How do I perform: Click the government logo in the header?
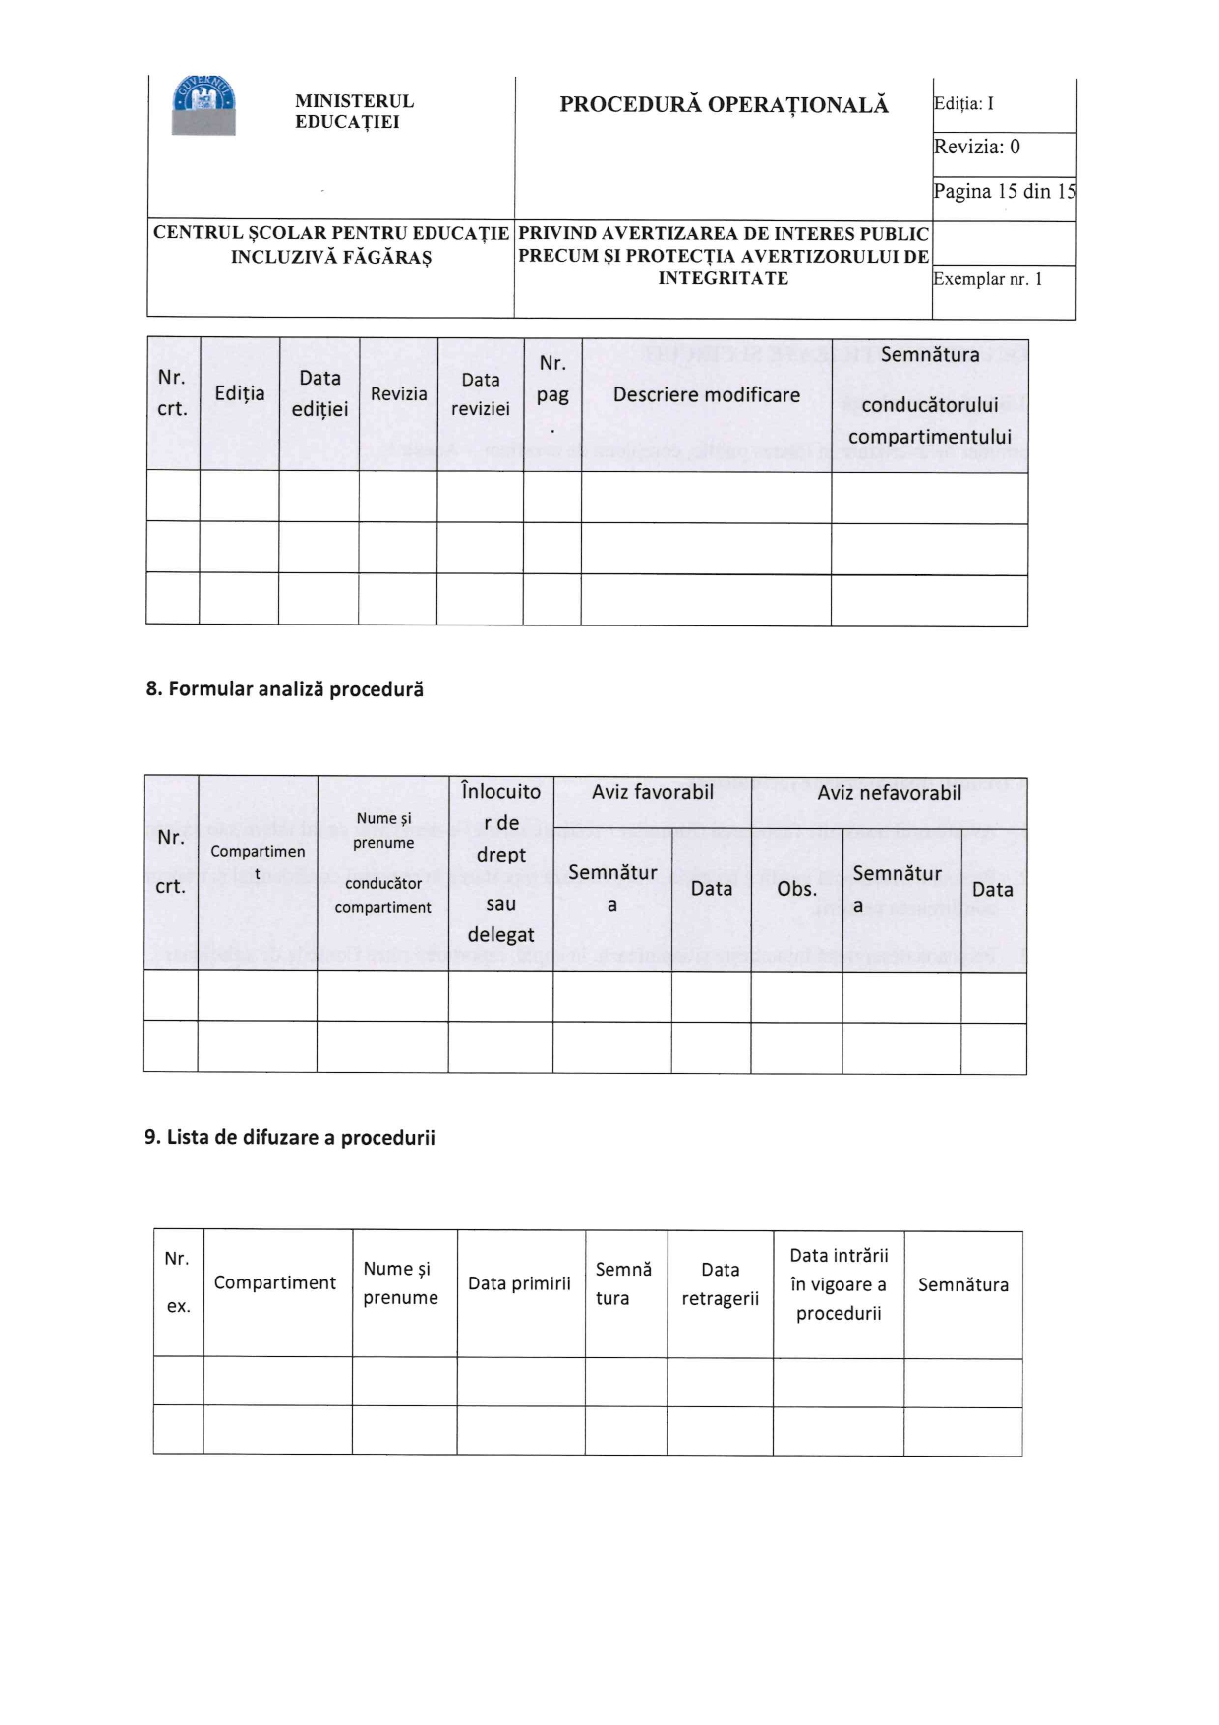pyautogui.click(x=203, y=105)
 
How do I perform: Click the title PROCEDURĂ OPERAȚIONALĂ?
pyautogui.click(x=724, y=105)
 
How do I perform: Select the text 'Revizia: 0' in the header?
pyautogui.click(x=977, y=148)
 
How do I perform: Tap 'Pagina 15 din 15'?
pyautogui.click(x=1004, y=191)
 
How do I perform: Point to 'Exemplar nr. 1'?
pyautogui.click(x=987, y=279)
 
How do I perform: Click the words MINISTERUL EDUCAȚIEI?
pyautogui.click(x=354, y=111)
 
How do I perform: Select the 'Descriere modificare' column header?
pyautogui.click(x=706, y=395)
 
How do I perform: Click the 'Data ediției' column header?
pyautogui.click(x=319, y=393)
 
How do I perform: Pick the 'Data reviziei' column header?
pyautogui.click(x=480, y=394)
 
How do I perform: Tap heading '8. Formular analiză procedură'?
pyautogui.click(x=285, y=689)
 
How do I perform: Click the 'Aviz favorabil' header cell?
pyautogui.click(x=653, y=793)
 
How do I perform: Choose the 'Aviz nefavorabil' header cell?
pyautogui.click(x=889, y=793)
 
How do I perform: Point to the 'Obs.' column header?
pyautogui.click(x=796, y=889)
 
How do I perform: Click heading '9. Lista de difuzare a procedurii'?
pyautogui.click(x=290, y=1138)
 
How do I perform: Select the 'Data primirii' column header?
pyautogui.click(x=519, y=1283)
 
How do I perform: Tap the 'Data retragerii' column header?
pyautogui.click(x=720, y=1284)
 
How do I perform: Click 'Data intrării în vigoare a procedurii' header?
pyautogui.click(x=839, y=1284)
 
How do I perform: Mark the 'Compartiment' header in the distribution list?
pyautogui.click(x=275, y=1283)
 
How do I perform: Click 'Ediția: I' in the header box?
pyautogui.click(x=964, y=104)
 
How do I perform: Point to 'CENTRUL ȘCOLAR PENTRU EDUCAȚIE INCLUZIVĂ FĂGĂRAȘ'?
pyautogui.click(x=331, y=245)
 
